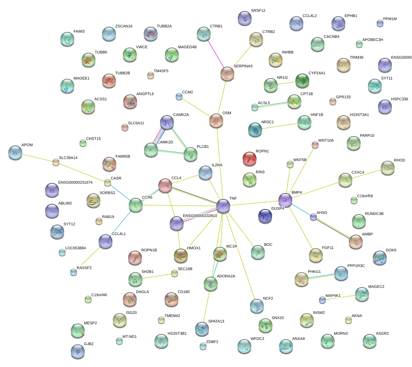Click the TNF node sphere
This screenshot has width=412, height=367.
coord(223,206)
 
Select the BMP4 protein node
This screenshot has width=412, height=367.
coord(285,200)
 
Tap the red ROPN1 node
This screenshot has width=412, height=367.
coord(249,158)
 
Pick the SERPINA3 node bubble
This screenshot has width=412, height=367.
coord(227,73)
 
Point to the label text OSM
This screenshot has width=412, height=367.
coord(227,113)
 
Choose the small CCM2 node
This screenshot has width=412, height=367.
coord(179,97)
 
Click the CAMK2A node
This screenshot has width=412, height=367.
coord(167,122)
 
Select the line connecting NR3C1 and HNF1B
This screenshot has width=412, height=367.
coord(280,125)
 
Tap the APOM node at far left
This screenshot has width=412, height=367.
coord(15,152)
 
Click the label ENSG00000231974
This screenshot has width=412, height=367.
coord(75,183)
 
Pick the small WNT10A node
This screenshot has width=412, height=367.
coord(315,145)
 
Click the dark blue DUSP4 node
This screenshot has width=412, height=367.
coord(265,216)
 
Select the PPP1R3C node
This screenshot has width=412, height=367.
coord(341,273)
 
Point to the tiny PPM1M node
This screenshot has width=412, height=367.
coord(380,23)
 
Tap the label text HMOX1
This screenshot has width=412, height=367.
coord(194,248)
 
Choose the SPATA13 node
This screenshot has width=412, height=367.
coord(202,328)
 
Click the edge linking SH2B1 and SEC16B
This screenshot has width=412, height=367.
coord(155,276)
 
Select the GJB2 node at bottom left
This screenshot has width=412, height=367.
coord(77,351)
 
